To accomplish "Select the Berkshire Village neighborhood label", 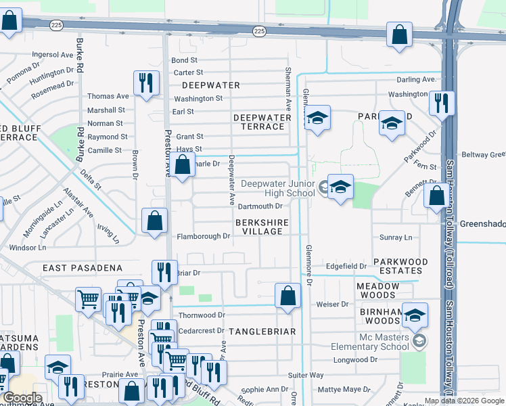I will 262,227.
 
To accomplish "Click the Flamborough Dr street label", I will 204,237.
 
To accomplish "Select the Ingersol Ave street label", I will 52,55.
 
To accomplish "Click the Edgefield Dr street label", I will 346,267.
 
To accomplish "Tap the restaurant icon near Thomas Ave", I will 146,85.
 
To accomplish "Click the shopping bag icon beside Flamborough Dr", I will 155,221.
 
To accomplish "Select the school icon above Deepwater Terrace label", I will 317,118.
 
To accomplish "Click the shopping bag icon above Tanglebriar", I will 287,296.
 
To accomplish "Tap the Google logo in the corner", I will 24,398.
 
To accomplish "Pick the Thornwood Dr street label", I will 202,315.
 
